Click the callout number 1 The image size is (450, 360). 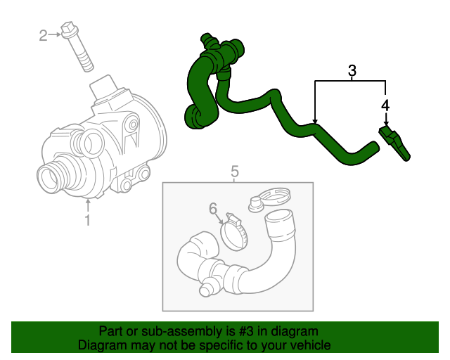tap(88, 221)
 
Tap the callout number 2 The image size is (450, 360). tap(42, 34)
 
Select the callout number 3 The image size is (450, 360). tap(352, 70)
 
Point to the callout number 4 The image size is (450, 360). tap(385, 105)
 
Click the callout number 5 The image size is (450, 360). tap(235, 171)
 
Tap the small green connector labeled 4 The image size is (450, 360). tap(397, 143)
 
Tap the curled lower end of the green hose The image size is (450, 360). tap(193, 115)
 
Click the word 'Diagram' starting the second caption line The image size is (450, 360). tap(99, 345)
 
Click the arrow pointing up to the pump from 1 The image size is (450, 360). tap(88, 207)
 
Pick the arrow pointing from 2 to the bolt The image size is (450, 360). tap(56, 34)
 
